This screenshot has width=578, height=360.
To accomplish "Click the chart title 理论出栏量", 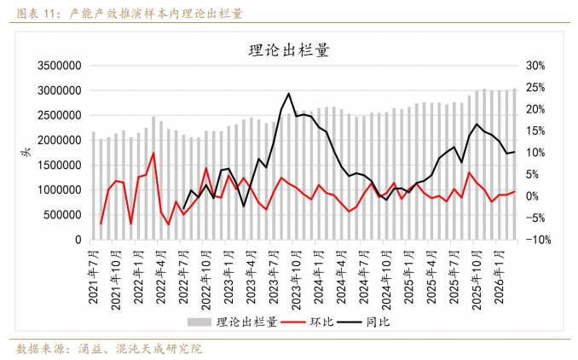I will click(x=288, y=50).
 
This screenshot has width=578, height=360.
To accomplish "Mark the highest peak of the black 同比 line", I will click(x=289, y=94).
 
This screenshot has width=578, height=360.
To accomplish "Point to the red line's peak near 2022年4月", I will click(x=153, y=154).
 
